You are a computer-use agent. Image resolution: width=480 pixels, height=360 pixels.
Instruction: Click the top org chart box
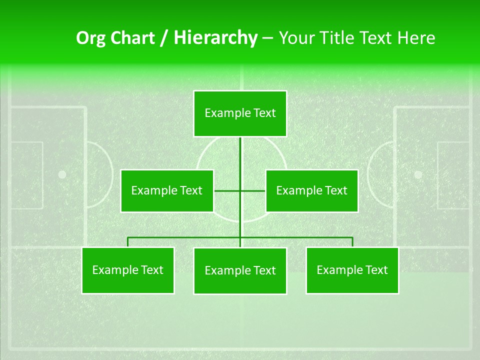click(x=240, y=113)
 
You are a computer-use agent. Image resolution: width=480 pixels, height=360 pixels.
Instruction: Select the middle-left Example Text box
click(x=167, y=190)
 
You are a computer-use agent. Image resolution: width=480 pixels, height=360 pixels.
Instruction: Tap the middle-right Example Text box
click(x=311, y=190)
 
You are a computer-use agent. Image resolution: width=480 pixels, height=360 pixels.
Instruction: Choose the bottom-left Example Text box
click(x=128, y=270)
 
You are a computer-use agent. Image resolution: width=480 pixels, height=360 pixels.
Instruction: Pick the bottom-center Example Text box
click(x=240, y=271)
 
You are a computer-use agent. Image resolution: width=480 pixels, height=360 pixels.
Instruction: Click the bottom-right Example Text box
click(x=352, y=270)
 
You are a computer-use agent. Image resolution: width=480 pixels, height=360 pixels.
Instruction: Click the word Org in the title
click(x=91, y=38)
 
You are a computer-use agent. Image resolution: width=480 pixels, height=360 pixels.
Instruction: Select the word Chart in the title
click(x=132, y=38)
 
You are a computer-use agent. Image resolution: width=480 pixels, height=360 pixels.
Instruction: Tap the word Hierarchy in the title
click(x=215, y=38)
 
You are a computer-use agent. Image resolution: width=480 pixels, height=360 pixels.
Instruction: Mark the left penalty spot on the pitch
click(x=62, y=174)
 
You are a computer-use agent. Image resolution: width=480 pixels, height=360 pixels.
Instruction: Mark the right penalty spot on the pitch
click(x=418, y=174)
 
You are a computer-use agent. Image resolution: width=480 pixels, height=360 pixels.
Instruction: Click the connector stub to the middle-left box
click(x=226, y=190)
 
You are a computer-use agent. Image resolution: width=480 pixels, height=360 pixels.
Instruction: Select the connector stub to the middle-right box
click(x=253, y=190)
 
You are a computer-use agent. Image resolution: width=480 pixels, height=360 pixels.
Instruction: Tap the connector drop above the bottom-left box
click(x=128, y=242)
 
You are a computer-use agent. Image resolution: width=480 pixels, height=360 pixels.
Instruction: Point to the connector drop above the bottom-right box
click(x=352, y=242)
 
